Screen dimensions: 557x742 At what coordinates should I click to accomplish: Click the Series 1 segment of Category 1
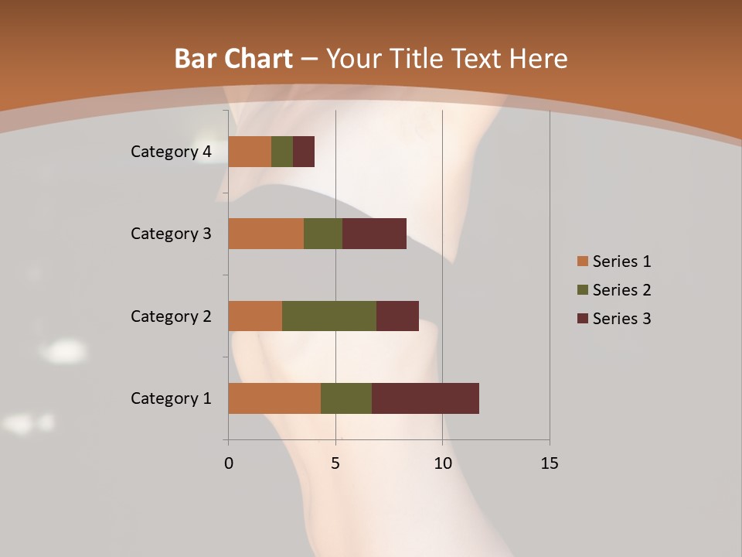click(x=274, y=398)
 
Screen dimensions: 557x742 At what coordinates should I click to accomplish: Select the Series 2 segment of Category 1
click(x=346, y=398)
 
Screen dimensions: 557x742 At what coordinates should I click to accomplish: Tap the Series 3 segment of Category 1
click(x=425, y=398)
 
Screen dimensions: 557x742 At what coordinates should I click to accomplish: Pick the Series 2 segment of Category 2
click(x=329, y=316)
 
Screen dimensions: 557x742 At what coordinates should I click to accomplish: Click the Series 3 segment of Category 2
click(x=397, y=316)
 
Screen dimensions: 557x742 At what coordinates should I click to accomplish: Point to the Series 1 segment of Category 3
click(x=266, y=234)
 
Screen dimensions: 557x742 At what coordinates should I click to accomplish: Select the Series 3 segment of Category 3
click(x=374, y=234)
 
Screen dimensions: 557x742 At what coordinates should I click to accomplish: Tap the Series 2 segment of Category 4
click(x=282, y=152)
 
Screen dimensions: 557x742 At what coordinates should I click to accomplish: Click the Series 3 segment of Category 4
click(x=304, y=152)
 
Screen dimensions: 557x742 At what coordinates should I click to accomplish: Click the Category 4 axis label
click(x=171, y=152)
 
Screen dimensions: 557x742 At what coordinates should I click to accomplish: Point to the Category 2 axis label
click(x=171, y=316)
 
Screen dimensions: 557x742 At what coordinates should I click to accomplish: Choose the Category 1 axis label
click(x=171, y=398)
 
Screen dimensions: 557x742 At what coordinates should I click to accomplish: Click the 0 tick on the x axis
click(x=229, y=463)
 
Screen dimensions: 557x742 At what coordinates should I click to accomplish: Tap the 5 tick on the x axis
click(x=335, y=463)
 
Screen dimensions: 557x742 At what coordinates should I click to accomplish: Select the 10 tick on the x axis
click(x=442, y=463)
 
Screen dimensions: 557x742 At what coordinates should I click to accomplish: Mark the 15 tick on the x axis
click(x=549, y=463)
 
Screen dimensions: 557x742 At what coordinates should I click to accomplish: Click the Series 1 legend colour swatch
click(x=582, y=261)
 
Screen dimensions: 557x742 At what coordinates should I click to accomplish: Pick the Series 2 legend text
click(x=621, y=290)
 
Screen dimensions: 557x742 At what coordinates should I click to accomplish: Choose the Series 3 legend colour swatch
click(x=582, y=319)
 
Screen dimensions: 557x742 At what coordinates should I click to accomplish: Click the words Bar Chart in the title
click(x=233, y=59)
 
